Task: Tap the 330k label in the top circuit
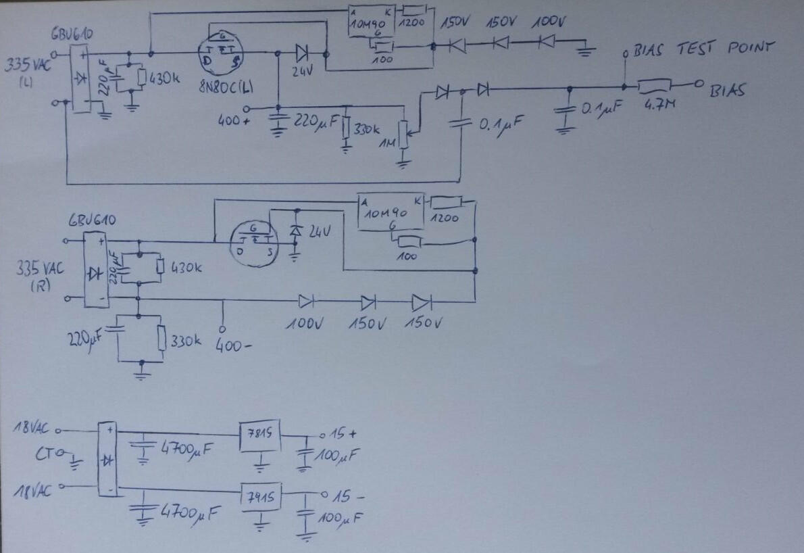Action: tap(368, 130)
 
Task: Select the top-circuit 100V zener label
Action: tap(549, 22)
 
